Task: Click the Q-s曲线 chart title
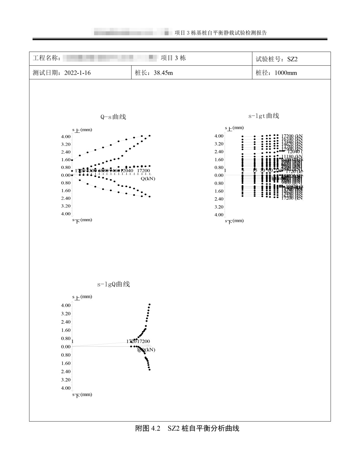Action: (x=113, y=117)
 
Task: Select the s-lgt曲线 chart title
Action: (x=264, y=116)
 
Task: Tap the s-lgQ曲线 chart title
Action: (x=113, y=284)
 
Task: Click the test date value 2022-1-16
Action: (x=77, y=73)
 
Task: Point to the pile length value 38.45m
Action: (x=163, y=73)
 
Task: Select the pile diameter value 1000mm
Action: (x=286, y=73)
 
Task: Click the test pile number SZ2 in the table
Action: (x=292, y=59)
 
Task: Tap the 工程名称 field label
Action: (x=47, y=58)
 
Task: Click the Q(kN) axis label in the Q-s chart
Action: (x=148, y=179)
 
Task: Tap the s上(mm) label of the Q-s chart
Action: (x=82, y=130)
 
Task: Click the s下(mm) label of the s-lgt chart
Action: (x=234, y=221)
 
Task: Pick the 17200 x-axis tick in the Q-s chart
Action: (x=143, y=171)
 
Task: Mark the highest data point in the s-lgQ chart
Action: (x=150, y=304)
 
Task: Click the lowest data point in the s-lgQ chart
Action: (x=150, y=370)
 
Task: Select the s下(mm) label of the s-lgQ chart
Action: (x=82, y=395)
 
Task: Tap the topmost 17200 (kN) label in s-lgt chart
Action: (x=292, y=136)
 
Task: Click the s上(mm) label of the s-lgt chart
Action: (x=234, y=128)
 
